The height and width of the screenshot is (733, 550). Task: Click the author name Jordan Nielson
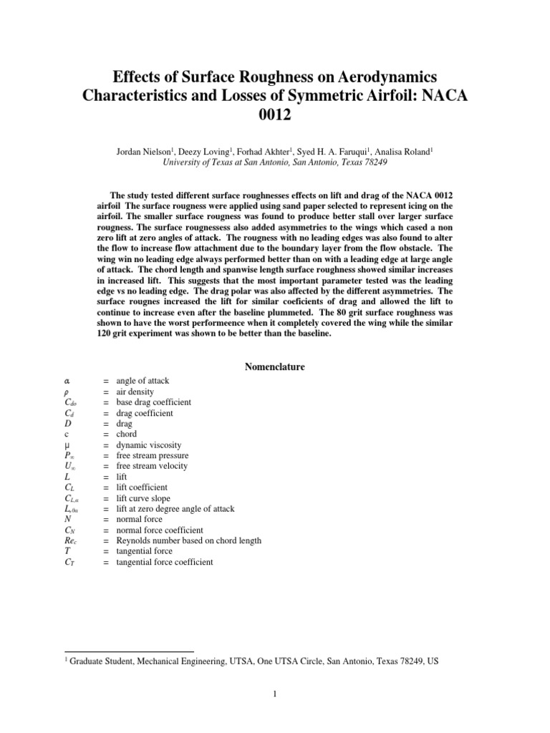pos(134,151)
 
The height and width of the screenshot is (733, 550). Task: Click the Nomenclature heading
pos(275,367)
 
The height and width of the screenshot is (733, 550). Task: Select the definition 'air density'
pos(136,392)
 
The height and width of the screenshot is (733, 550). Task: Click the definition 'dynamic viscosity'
pos(150,445)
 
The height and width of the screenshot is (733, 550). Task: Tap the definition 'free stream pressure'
pos(153,455)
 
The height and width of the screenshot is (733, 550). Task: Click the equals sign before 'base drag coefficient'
pos(105,402)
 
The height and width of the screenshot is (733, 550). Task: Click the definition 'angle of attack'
pos(143,382)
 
